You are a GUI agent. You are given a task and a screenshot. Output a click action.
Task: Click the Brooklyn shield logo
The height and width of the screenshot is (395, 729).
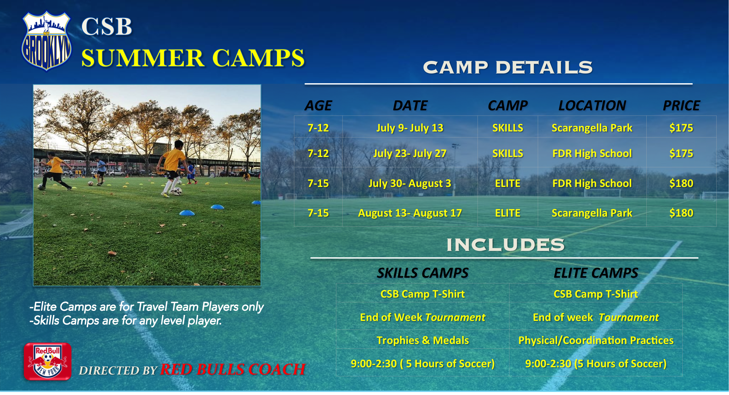46,41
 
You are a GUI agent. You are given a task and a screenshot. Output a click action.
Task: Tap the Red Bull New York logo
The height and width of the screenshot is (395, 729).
48,361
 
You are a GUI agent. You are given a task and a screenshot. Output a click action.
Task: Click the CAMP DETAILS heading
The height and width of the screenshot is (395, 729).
508,67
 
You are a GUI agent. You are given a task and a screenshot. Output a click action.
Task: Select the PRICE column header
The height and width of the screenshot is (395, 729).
681,105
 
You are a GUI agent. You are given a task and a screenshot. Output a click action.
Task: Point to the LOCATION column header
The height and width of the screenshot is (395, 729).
592,105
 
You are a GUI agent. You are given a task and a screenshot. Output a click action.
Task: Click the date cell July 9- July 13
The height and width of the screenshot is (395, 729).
410,128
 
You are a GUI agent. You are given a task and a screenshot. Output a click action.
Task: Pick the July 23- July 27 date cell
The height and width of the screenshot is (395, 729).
410,153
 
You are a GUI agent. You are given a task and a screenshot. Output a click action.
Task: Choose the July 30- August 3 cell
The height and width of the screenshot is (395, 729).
410,183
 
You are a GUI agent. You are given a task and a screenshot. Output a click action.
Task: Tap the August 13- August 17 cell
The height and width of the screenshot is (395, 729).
410,213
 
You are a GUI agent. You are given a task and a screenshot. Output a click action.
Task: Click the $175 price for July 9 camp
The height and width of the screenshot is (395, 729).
681,128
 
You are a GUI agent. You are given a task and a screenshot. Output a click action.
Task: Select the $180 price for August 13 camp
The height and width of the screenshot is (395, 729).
681,213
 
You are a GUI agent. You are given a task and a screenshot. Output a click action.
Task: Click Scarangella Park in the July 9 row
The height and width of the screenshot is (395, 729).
592,128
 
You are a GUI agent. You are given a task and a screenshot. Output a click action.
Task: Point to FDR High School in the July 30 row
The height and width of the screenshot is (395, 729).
592,183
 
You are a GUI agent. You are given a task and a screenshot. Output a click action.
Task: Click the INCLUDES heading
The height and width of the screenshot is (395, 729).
505,245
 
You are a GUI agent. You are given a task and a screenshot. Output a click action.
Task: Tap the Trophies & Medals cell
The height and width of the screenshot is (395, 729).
423,340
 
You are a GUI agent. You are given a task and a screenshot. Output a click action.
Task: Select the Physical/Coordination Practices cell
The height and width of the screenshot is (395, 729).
596,340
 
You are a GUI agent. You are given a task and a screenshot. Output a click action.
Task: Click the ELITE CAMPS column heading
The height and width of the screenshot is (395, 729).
596,273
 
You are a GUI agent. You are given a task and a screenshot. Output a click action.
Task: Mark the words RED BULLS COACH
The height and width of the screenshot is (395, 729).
233,369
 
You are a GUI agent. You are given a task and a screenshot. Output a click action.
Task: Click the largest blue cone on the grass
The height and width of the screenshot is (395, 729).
187,213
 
